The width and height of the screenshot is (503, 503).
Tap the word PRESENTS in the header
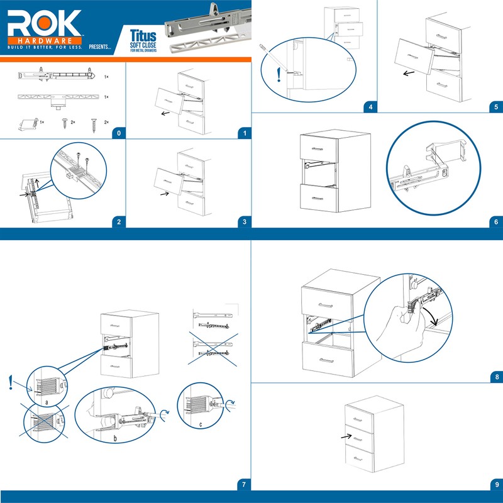pos(100,47)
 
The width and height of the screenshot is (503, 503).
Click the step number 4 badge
pos(370,106)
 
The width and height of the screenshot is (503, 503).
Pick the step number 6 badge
pos(495,222)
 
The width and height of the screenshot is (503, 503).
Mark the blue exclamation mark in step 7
pos(11,382)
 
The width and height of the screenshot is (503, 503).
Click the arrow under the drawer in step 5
pos(409,73)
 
